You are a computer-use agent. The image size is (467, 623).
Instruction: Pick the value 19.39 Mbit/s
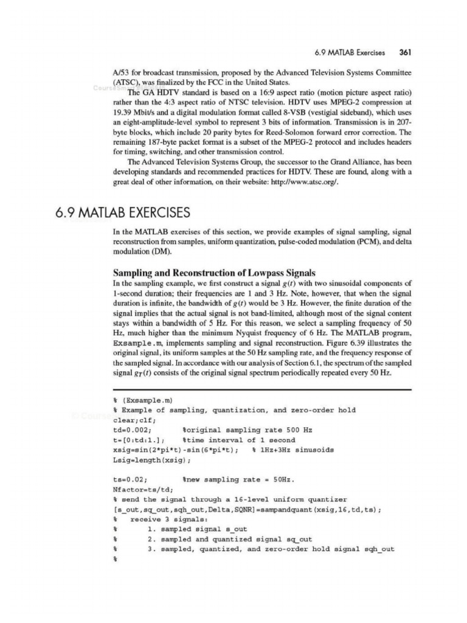[134, 113]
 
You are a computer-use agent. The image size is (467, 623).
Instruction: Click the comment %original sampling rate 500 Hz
[247, 430]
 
